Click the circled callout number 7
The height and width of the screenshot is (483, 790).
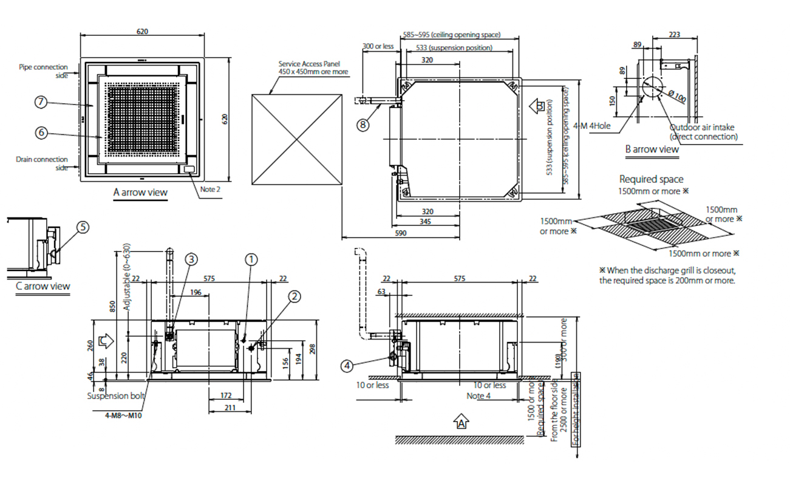pyautogui.click(x=41, y=103)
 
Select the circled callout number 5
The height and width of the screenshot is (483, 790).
pyautogui.click(x=83, y=227)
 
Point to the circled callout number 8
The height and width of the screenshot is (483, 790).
pyautogui.click(x=363, y=125)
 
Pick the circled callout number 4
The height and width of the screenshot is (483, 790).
pyautogui.click(x=346, y=365)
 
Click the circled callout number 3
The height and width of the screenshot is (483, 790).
pyautogui.click(x=191, y=259)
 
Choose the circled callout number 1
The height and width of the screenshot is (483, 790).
pyautogui.click(x=251, y=259)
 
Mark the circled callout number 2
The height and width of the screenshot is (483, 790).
pyautogui.click(x=294, y=296)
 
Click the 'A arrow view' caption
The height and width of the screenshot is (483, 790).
pyautogui.click(x=140, y=192)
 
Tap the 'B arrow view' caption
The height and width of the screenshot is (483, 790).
pyautogui.click(x=652, y=149)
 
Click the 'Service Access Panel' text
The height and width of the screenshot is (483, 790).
pyautogui.click(x=309, y=63)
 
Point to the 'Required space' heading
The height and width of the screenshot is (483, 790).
pyautogui.click(x=651, y=179)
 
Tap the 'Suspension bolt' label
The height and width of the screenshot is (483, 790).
pyautogui.click(x=116, y=396)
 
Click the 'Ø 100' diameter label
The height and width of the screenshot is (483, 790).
pyautogui.click(x=676, y=97)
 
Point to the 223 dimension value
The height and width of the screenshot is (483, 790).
pyautogui.click(x=673, y=35)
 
